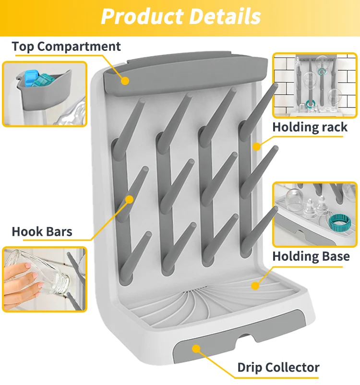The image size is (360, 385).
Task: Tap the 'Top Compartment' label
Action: pos(66,47)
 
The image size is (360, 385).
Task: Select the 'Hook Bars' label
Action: pos(42,231)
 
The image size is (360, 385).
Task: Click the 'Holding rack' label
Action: pos(310,127)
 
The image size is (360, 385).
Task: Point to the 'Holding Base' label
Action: pos(311,256)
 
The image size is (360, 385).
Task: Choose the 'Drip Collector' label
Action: pos(278,368)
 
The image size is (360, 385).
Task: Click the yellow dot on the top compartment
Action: pos(125,80)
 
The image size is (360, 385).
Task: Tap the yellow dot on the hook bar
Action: pos(130,199)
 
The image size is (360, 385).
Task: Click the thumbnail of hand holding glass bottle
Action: pos(45,278)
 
